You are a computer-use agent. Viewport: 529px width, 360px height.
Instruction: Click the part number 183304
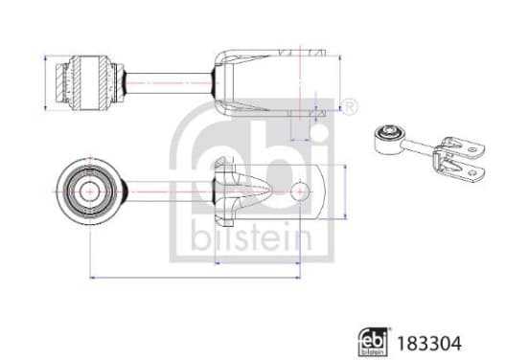428,344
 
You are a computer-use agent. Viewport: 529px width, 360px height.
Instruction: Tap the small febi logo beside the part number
372,342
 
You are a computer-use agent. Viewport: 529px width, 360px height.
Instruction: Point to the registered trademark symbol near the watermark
348,107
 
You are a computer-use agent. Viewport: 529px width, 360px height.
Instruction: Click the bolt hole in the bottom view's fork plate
300,191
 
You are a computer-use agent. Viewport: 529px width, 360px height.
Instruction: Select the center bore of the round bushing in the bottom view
90,191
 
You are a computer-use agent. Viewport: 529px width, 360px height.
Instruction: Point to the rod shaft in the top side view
169,82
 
